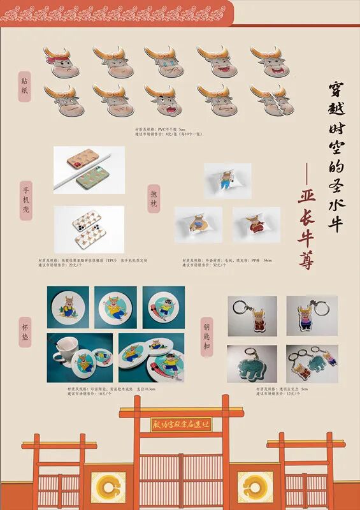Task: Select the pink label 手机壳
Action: (26, 200)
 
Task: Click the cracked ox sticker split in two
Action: (271, 99)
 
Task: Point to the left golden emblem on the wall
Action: (108, 486)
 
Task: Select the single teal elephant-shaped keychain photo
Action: (252, 364)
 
